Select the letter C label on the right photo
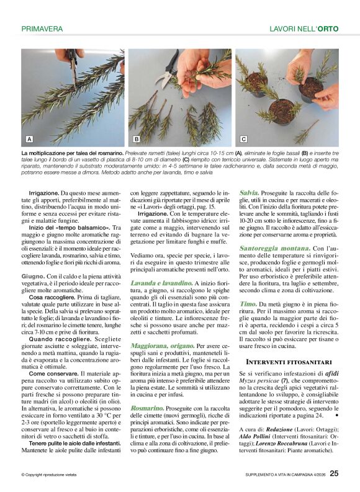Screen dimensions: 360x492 243,139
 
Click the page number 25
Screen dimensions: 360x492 334,474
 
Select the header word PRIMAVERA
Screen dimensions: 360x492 42,29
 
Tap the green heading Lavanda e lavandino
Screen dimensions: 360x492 158,283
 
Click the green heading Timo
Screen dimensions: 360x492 248,303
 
